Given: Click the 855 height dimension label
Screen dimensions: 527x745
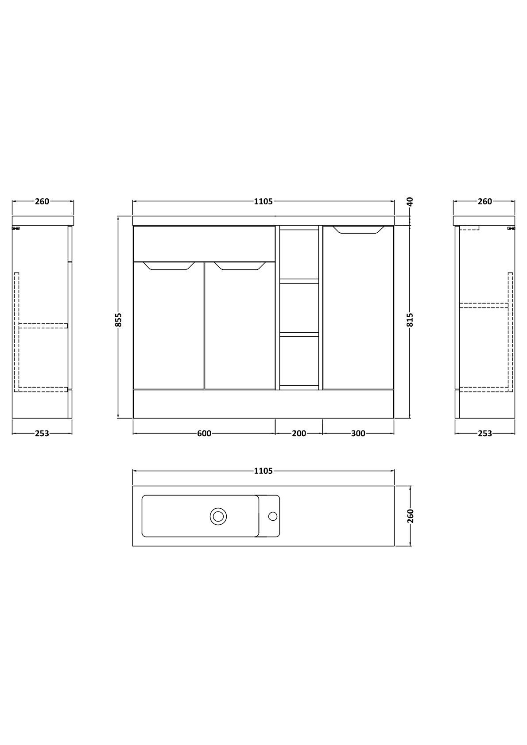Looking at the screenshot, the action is pos(119,319).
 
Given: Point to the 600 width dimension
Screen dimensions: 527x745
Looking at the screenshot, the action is pos(204,434).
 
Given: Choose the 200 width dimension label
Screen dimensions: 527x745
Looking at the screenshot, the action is pos(299,434).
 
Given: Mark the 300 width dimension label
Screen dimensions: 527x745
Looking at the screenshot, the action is pos(358,434).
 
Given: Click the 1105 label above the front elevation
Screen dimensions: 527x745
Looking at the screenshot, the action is pos(263,201).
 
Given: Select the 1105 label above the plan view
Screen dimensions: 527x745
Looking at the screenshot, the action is pos(263,471).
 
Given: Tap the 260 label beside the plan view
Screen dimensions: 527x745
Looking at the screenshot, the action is pos(410,516).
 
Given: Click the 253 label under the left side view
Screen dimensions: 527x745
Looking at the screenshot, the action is pos(42,434).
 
